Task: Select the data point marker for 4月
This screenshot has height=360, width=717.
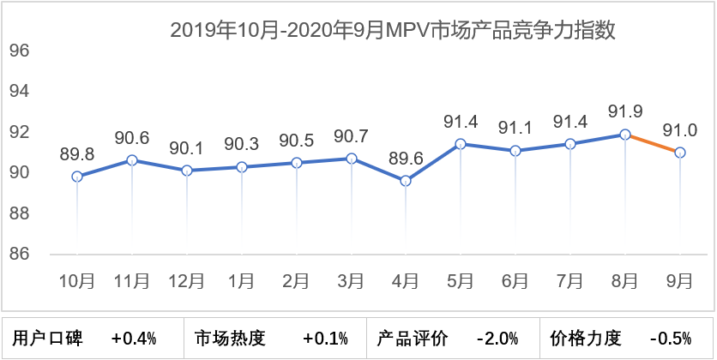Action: [x=406, y=181]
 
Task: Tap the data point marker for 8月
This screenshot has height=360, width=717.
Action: [x=625, y=135]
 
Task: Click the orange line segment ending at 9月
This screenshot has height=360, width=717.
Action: [x=654, y=144]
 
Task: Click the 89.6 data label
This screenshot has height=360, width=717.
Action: [x=406, y=158]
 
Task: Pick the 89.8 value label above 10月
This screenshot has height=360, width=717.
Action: [x=77, y=154]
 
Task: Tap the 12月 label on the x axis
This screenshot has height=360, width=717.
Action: [x=186, y=280]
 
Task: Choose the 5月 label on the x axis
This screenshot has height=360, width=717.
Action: [x=461, y=280]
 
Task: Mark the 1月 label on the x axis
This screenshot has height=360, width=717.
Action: [x=241, y=280]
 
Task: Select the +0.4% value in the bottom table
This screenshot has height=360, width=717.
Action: [x=133, y=339]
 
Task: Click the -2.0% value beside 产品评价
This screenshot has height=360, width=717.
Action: [x=497, y=339]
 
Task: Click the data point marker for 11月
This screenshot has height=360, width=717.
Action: [x=132, y=160]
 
